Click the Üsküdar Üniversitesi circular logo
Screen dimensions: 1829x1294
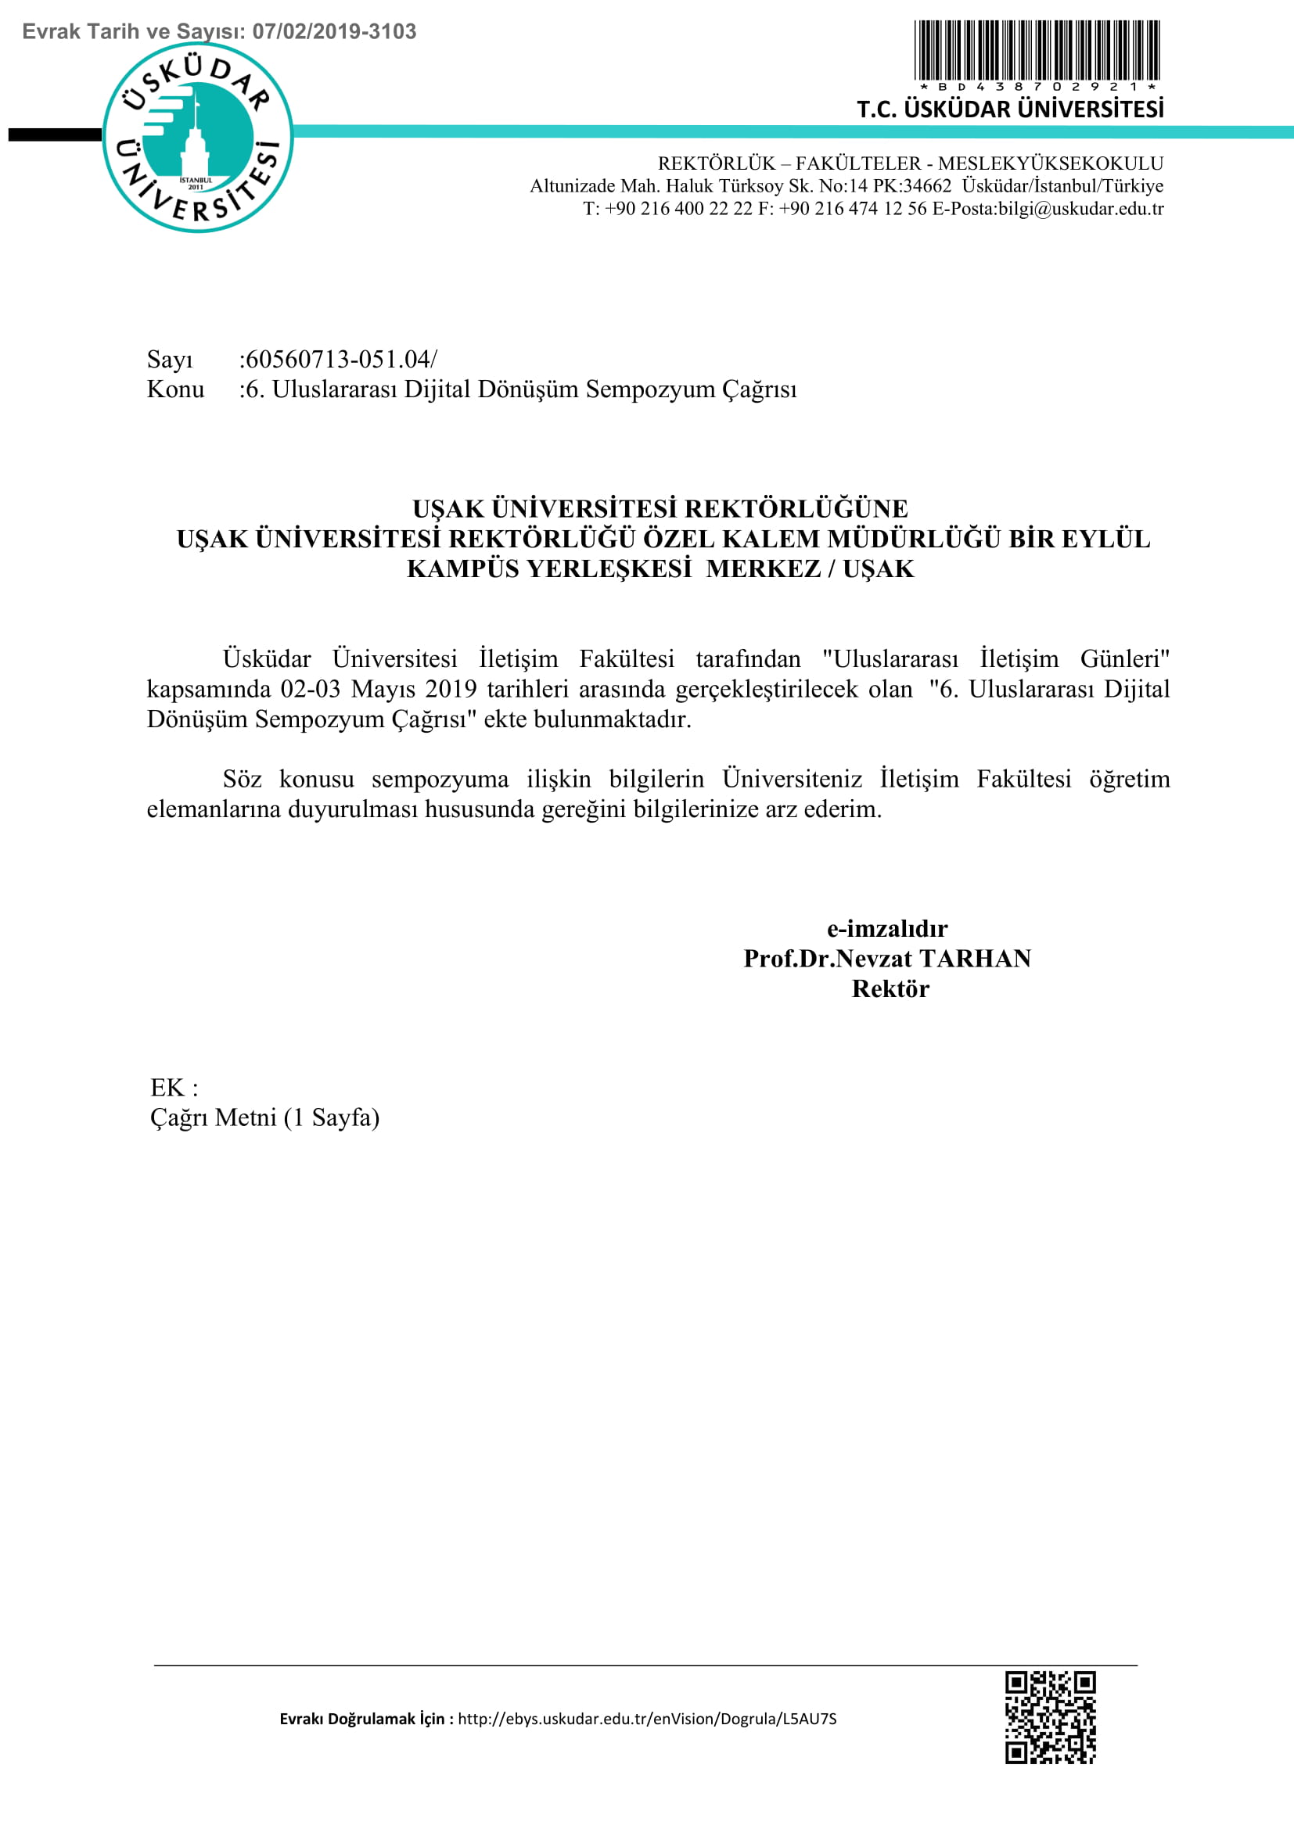(x=198, y=137)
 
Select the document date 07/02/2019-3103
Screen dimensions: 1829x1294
(x=334, y=32)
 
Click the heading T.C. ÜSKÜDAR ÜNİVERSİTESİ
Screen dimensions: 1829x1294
(x=1009, y=109)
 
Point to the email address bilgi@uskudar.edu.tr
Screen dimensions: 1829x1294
(x=1080, y=209)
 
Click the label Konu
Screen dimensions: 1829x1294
(x=175, y=389)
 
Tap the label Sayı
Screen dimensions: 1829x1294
(x=170, y=360)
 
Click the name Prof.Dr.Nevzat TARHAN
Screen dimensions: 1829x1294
(x=887, y=959)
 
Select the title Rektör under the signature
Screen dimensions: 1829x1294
(x=890, y=988)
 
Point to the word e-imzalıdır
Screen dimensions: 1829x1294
(x=887, y=928)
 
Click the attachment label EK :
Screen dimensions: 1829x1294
(x=174, y=1088)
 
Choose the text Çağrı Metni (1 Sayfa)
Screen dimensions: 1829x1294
(x=264, y=1117)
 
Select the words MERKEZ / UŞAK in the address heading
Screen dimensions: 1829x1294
(x=810, y=568)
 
